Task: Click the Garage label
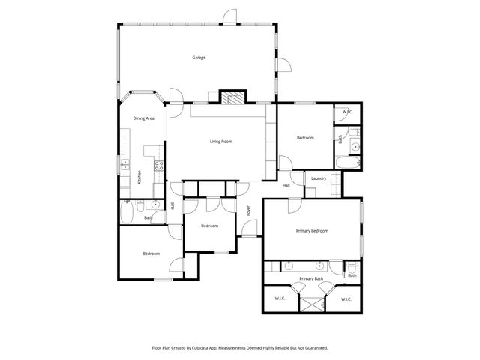(199, 58)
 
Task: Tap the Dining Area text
(144, 118)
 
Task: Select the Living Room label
(220, 142)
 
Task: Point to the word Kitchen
(139, 177)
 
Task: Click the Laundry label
(318, 178)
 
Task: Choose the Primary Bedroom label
(312, 231)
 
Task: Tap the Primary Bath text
(310, 279)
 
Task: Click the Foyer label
(249, 211)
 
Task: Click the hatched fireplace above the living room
(232, 98)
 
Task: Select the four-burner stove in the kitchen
(159, 166)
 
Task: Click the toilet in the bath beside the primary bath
(351, 268)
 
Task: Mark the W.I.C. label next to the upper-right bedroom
(347, 112)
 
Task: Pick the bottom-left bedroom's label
(151, 253)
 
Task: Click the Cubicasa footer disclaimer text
(240, 348)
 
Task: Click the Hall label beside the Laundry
(286, 185)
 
